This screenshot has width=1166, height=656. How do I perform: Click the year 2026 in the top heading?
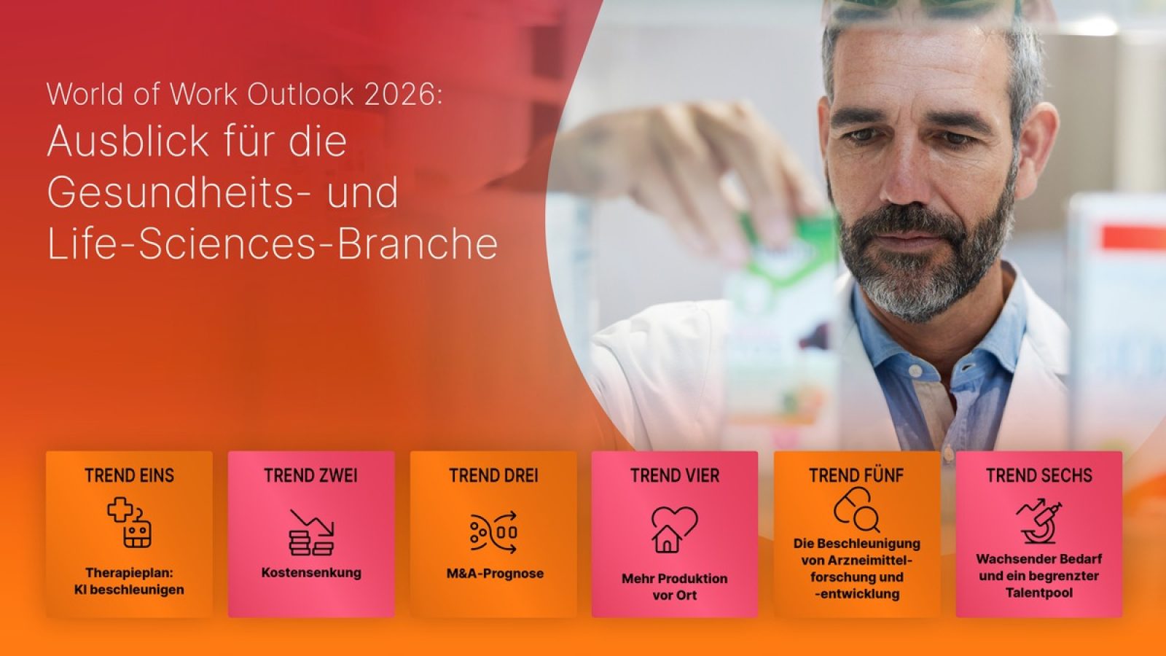402,95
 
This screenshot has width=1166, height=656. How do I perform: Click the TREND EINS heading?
129,476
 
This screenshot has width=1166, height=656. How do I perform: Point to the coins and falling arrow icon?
311,532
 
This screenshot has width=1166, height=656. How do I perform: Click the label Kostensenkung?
311,573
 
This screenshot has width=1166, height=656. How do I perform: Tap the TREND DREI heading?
493,476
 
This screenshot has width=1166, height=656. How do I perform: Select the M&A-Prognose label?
495,574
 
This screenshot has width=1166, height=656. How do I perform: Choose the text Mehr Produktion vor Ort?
674,587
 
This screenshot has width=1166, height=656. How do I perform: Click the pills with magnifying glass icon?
856,510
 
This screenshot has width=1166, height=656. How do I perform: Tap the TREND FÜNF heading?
856,476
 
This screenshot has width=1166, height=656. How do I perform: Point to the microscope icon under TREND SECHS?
1039,521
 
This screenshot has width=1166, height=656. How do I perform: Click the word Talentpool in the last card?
1039,593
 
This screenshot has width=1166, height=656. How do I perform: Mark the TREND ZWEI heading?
311,476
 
